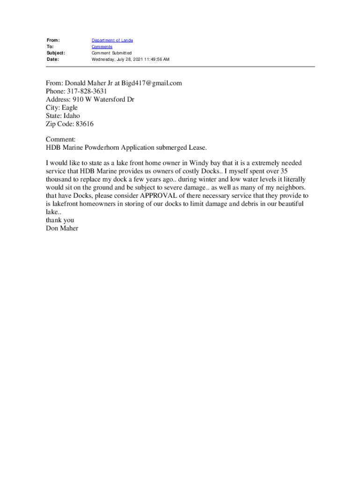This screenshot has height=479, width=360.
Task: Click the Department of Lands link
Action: point(112,41)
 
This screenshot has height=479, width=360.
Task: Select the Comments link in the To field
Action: point(102,47)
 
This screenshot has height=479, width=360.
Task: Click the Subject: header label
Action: point(56,53)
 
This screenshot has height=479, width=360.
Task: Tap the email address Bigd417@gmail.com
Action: point(151,83)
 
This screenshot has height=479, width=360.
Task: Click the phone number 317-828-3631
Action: point(86,92)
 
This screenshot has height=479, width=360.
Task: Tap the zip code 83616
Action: point(86,124)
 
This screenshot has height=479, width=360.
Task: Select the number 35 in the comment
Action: point(283,171)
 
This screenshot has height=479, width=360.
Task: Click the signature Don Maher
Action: point(62,228)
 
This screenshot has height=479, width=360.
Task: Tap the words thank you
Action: point(60,220)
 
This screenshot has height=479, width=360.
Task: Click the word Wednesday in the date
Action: point(105,59)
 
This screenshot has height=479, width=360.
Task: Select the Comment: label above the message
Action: point(61,140)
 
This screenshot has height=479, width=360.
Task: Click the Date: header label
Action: point(52,59)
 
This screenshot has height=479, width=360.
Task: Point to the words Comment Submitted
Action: point(112,53)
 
